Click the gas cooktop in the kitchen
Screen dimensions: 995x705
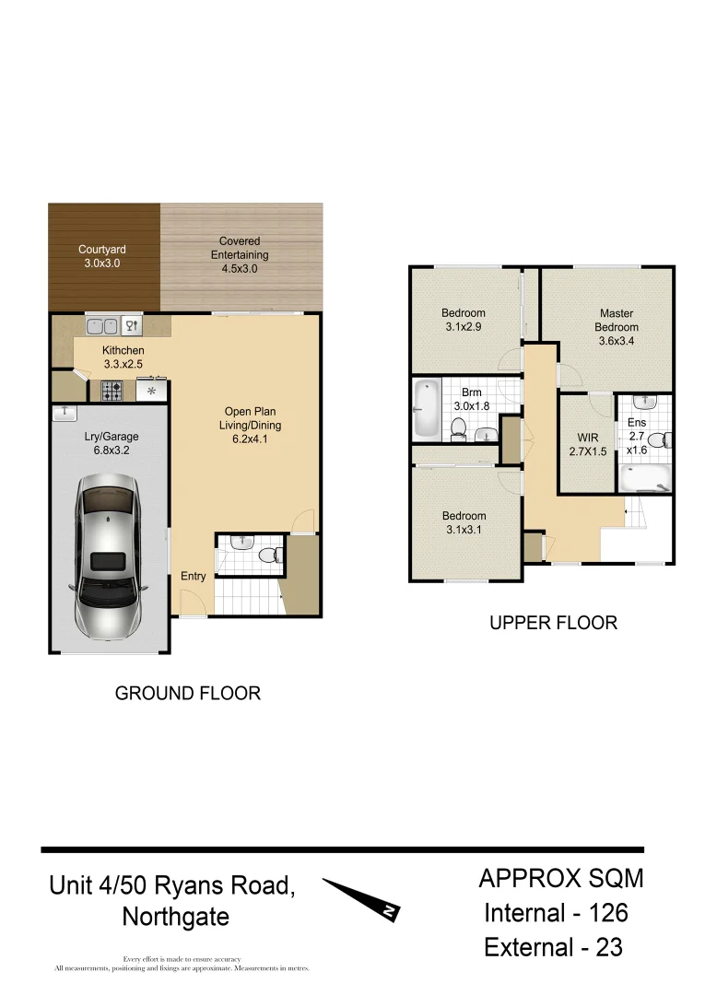click(112, 391)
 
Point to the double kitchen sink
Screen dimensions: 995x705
click(101, 325)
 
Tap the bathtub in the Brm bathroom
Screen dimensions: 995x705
click(427, 408)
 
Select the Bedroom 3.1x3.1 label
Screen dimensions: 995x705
click(463, 522)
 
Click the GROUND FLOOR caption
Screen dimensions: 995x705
click(187, 693)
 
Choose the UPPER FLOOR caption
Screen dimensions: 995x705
click(553, 623)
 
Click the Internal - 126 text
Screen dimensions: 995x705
click(557, 912)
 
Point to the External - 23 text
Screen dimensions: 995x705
click(553, 946)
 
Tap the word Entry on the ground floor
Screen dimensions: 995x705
click(194, 577)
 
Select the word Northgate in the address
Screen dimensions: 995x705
click(175, 917)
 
